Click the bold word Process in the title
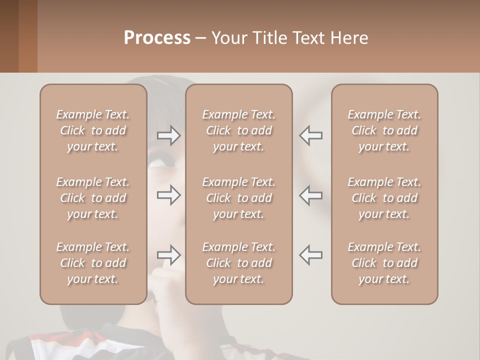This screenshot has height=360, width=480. [x=157, y=38]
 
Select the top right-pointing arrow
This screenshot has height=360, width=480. [x=168, y=135]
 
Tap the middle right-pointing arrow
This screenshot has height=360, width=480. [x=168, y=195]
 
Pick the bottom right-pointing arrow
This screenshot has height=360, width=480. [x=168, y=255]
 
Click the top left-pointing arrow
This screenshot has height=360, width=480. [x=311, y=135]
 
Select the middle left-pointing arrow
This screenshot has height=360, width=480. [x=311, y=195]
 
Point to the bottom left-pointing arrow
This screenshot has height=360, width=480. [x=311, y=255]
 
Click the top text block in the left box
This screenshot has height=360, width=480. [x=93, y=130]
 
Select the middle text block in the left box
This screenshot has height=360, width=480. [x=93, y=198]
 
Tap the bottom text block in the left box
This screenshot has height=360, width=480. [x=93, y=263]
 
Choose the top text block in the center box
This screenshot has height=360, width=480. [x=238, y=130]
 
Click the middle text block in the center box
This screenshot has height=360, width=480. [x=238, y=198]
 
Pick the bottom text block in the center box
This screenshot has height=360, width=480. [x=238, y=263]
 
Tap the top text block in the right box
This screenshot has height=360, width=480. [x=384, y=130]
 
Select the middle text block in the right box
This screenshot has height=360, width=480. [x=384, y=198]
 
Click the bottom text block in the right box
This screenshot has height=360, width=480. [x=384, y=263]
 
